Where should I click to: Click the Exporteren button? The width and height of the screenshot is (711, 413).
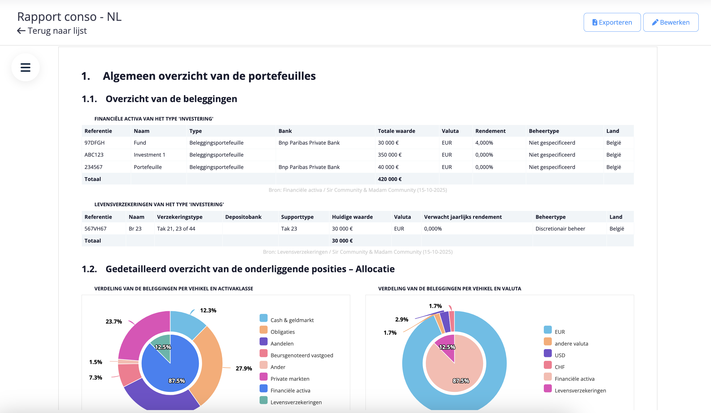coord(612,22)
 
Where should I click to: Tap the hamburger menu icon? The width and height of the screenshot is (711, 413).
coord(26,67)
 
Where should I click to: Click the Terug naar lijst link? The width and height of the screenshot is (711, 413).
coord(52,31)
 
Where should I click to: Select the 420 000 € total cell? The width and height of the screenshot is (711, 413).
coord(390,179)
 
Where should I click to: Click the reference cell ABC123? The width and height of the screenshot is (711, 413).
coord(94,155)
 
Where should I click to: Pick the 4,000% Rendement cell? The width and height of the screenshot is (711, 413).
coord(484,143)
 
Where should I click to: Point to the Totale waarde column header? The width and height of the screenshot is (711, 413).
coord(396,131)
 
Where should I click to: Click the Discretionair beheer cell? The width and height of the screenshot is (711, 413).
coord(560,229)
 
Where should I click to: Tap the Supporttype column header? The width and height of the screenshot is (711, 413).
coord(297,217)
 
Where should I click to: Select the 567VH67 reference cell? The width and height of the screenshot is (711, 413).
coord(95,229)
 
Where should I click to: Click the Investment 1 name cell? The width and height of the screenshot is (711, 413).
coord(149,155)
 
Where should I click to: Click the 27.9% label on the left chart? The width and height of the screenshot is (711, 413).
coord(244,368)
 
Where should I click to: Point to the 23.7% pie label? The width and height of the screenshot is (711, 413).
coord(114,321)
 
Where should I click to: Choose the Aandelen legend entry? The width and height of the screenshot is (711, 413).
coord(282,343)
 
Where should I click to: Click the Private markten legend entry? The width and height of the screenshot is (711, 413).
coord(290,379)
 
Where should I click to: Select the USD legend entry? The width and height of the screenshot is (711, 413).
coord(560,355)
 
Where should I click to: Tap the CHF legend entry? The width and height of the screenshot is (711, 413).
coord(559,367)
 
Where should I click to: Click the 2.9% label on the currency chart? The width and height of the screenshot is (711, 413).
coord(402,319)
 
